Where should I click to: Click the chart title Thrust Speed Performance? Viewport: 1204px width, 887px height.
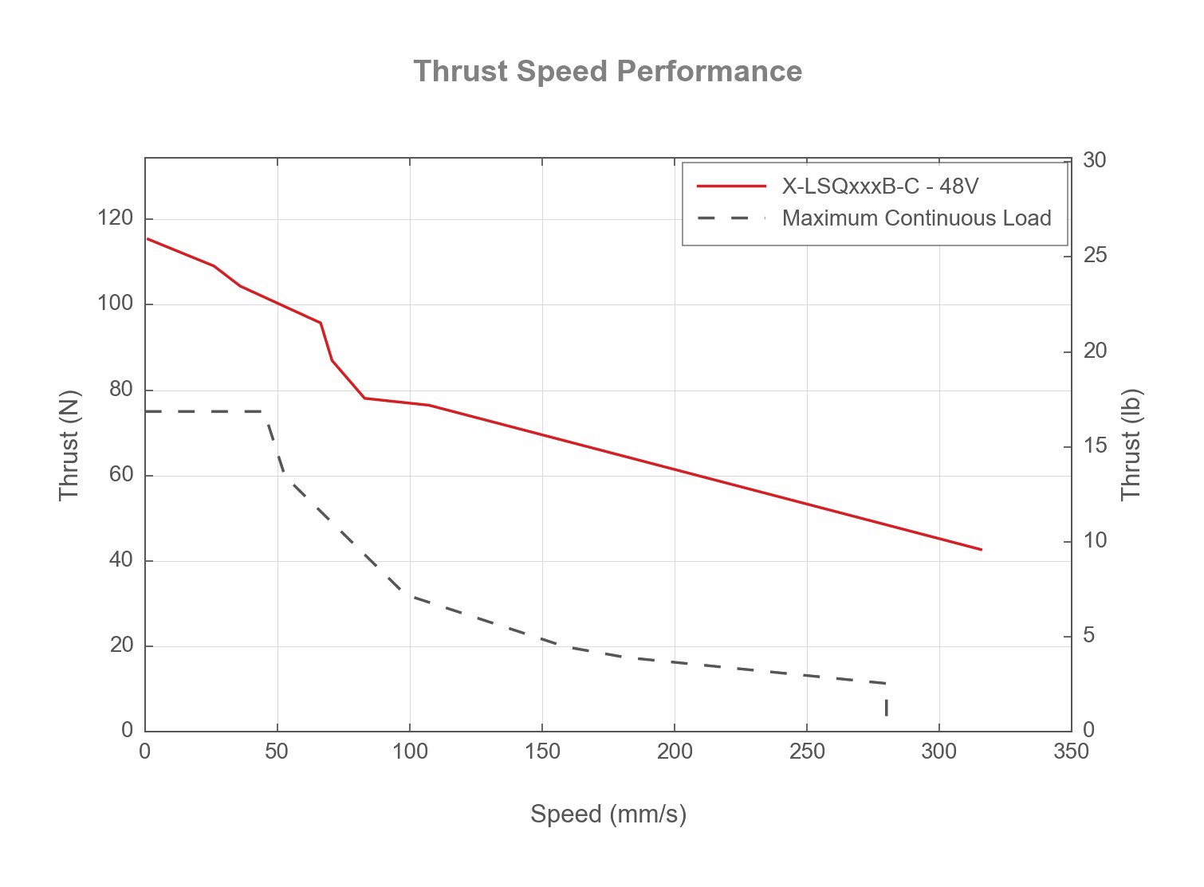(608, 72)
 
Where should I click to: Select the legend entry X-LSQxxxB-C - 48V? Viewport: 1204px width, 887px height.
(879, 186)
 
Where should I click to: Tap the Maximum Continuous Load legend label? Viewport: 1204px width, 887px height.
(916, 218)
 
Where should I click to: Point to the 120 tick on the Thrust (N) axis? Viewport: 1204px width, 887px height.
(116, 218)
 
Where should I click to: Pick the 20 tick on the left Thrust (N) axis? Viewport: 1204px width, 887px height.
(121, 646)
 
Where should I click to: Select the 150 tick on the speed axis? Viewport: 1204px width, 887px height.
(542, 752)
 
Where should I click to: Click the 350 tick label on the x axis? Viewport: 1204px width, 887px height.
(1071, 752)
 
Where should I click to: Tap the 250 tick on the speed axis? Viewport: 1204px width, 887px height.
(807, 752)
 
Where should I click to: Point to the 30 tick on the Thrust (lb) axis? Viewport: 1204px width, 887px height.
(1095, 161)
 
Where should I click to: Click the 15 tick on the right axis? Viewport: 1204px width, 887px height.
(1095, 445)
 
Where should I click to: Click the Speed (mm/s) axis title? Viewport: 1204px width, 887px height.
(608, 814)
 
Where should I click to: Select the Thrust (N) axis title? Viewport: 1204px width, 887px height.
(70, 445)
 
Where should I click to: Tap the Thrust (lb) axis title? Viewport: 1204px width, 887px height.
(1131, 445)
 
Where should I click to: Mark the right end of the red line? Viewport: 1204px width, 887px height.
(981, 549)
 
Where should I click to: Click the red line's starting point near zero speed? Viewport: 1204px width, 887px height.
(148, 239)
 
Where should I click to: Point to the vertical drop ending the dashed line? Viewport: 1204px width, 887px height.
(886, 705)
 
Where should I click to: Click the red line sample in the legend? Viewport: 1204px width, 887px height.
(731, 186)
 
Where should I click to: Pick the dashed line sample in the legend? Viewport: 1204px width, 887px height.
(731, 218)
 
